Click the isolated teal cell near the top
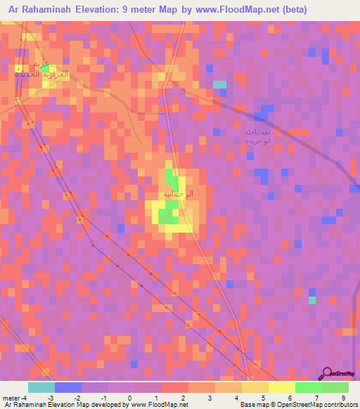(x=220, y=84)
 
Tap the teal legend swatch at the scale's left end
(x=41, y=387)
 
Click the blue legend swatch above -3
(x=67, y=387)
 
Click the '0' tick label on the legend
(x=129, y=398)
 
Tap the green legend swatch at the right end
(x=335, y=387)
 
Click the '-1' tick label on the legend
(x=104, y=398)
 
